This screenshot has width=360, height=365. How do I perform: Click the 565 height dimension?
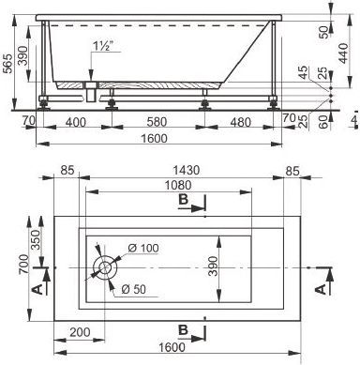(7, 63)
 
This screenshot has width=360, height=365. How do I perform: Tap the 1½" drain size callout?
(103, 46)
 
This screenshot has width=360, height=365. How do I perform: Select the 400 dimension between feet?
(76, 122)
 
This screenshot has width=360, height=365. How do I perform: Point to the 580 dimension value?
(157, 122)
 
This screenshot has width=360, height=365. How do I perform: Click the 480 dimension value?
(241, 122)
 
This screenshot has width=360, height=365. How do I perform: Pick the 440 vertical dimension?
(343, 53)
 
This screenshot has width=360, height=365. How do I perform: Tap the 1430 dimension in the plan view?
(186, 170)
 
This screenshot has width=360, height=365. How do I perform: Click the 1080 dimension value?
(178, 185)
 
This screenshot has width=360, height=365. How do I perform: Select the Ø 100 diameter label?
(143, 248)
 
